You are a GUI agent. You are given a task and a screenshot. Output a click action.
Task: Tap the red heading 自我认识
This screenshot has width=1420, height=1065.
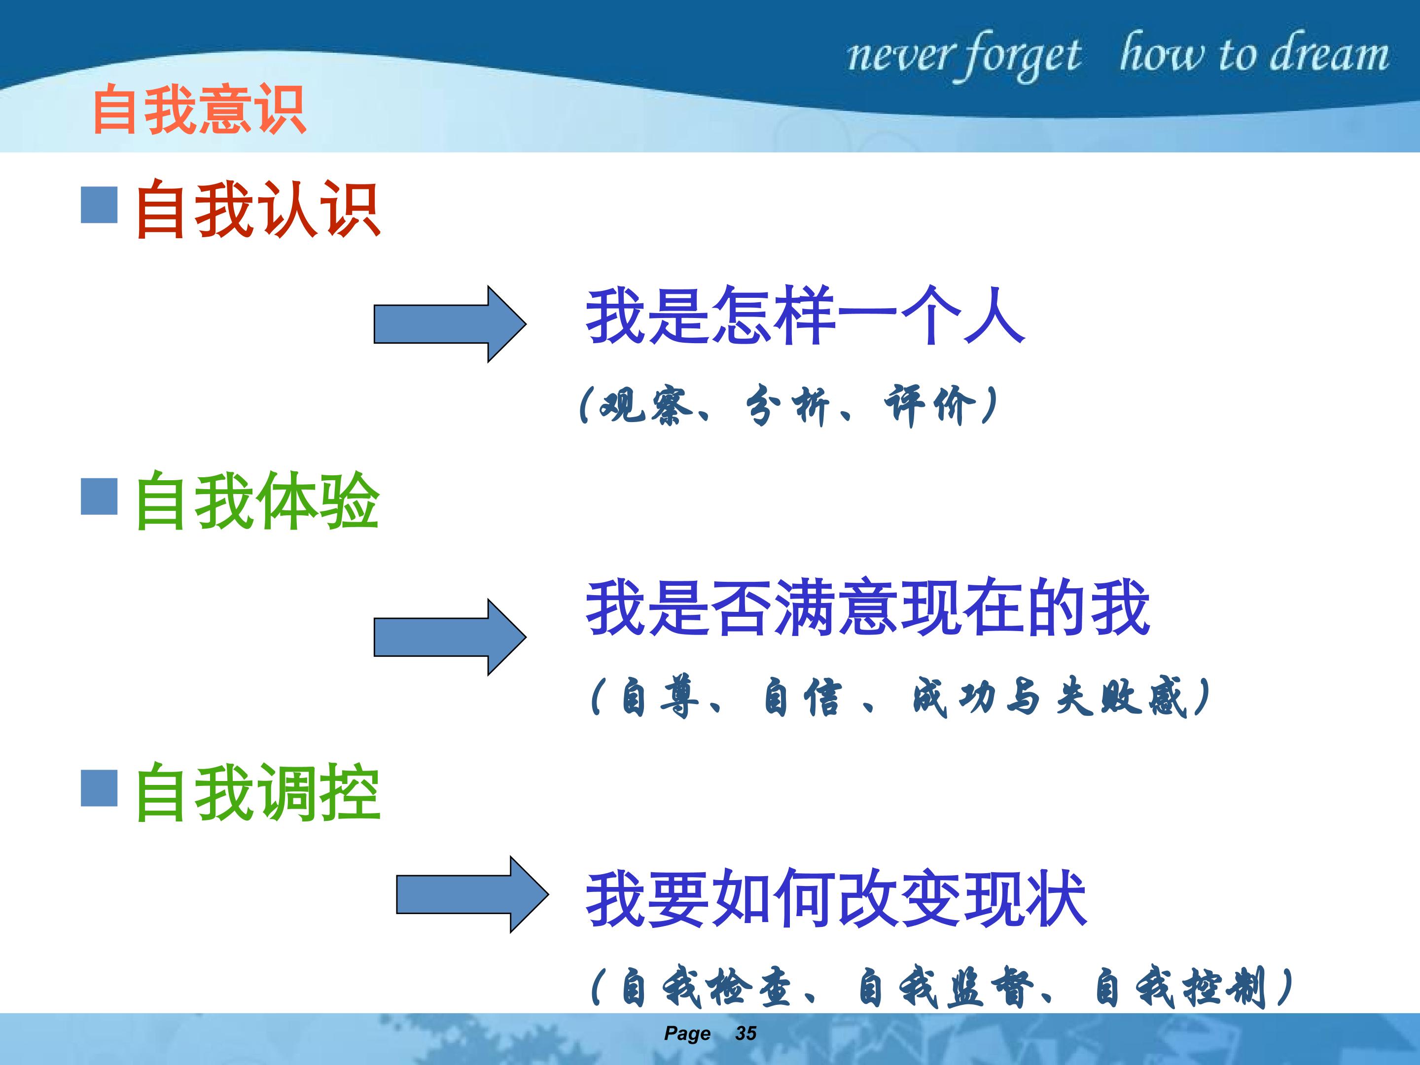[x=257, y=209]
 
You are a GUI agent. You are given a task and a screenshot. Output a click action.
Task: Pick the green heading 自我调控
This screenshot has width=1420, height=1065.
[x=257, y=792]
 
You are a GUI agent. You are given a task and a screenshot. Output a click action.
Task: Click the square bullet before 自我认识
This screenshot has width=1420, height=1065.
[x=99, y=205]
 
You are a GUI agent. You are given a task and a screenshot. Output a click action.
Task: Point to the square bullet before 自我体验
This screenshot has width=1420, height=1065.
[x=99, y=496]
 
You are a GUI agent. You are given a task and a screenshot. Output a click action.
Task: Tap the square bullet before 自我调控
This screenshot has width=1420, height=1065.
[x=99, y=788]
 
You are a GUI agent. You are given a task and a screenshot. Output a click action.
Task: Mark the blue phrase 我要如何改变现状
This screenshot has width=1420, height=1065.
[x=836, y=897]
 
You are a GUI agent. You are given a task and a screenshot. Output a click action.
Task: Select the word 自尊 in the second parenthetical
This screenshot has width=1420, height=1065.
[x=660, y=697]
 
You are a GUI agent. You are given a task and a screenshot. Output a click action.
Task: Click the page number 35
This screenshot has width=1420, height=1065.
[x=746, y=1033]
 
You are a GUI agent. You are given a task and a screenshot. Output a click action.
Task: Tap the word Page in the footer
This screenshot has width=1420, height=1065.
[x=687, y=1033]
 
